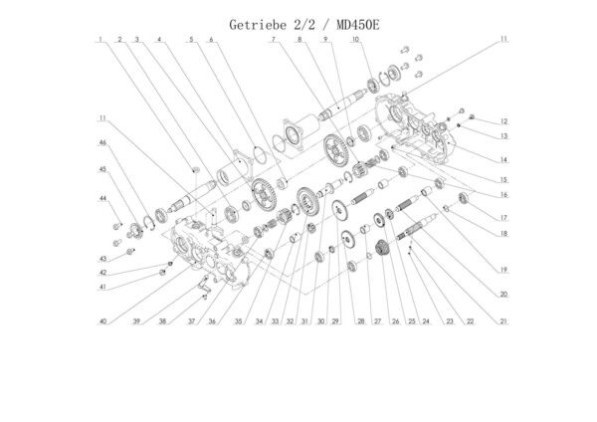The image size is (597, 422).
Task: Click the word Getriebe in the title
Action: click(256, 21)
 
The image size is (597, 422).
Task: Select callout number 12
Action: click(505, 121)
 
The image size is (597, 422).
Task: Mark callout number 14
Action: click(505, 159)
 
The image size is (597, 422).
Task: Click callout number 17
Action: click(505, 218)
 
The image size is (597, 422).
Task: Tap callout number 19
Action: click(505, 270)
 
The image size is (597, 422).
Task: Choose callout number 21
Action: click(505, 320)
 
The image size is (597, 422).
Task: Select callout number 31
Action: click(306, 321)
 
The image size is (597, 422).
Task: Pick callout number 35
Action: click(239, 321)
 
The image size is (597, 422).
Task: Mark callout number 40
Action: click(102, 321)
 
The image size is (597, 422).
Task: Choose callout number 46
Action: click(102, 143)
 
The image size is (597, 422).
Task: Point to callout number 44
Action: click(102, 198)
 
